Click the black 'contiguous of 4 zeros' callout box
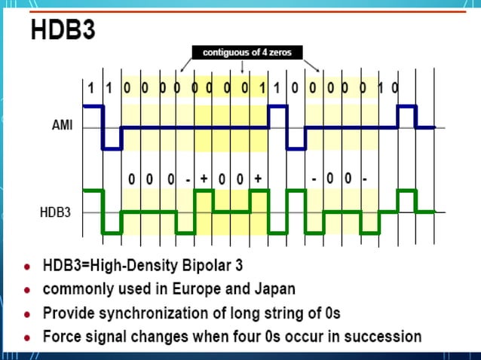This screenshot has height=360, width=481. coord(240,52)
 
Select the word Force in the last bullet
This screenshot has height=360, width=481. coord(63,336)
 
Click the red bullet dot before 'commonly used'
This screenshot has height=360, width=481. coord(28,290)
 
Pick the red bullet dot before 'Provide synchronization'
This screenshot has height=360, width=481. coord(28,313)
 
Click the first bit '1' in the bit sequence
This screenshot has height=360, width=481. coord(91,87)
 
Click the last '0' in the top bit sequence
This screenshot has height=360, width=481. coord(395,87)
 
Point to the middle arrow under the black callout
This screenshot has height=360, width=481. coord(240,67)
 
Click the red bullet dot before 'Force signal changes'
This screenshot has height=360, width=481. coord(28,337)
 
